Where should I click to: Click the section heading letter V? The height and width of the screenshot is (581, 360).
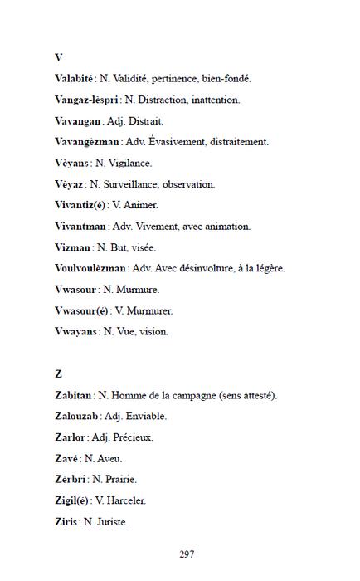pyautogui.click(x=58, y=57)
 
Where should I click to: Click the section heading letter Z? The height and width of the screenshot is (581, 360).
pyautogui.click(x=58, y=373)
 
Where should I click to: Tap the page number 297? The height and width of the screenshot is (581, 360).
pyautogui.click(x=187, y=554)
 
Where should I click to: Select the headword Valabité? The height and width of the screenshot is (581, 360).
pyautogui.click(x=74, y=79)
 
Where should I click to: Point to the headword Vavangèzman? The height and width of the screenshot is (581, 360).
pyautogui.click(x=87, y=142)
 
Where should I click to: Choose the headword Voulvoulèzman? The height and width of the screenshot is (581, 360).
pyautogui.click(x=90, y=268)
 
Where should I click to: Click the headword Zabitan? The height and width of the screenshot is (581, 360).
pyautogui.click(x=74, y=395)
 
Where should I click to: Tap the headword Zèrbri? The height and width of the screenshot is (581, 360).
pyautogui.click(x=71, y=479)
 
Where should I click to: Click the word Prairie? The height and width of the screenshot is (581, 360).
pyautogui.click(x=120, y=479)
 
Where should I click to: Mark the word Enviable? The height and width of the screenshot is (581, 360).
pyautogui.click(x=148, y=416)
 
